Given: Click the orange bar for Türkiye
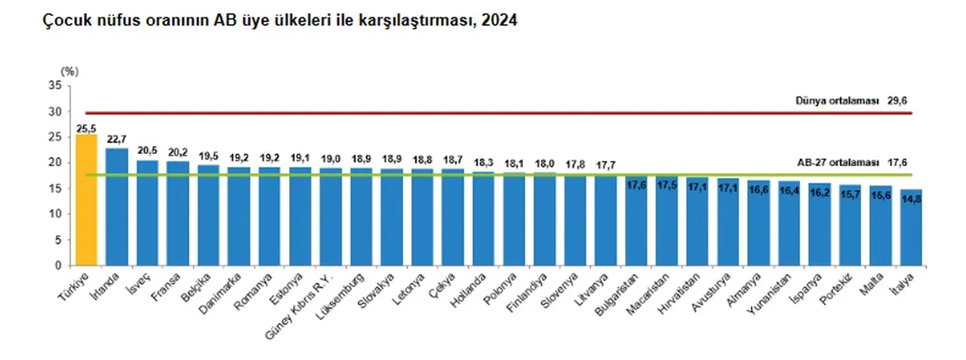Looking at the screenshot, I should click(x=87, y=200).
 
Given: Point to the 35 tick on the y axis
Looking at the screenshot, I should click(x=55, y=85).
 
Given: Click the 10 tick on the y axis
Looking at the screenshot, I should click(x=55, y=214).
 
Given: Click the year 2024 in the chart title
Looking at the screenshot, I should click(x=499, y=22).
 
